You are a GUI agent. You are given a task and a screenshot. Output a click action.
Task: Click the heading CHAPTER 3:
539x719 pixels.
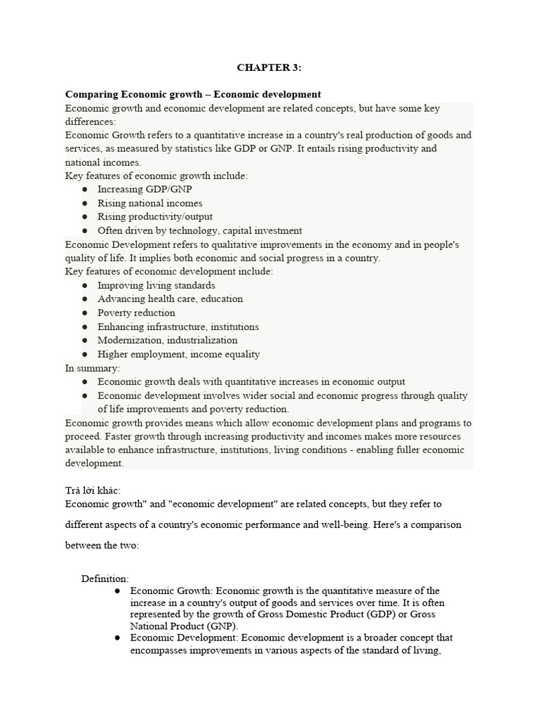tap(269, 67)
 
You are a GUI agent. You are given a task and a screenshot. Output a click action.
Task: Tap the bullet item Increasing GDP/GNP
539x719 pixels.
tap(145, 190)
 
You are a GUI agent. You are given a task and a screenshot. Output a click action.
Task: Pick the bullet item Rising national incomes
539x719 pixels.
tap(149, 203)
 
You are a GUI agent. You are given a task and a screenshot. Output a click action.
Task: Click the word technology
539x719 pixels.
tap(189, 230)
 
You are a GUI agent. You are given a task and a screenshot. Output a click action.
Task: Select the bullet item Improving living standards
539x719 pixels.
tap(156, 286)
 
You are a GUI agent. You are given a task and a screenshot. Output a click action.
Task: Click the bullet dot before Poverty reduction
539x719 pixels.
tap(85, 313)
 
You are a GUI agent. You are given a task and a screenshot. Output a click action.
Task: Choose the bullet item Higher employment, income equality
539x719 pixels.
tap(178, 355)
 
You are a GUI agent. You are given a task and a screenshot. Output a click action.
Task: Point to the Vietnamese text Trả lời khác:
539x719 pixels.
tap(98, 491)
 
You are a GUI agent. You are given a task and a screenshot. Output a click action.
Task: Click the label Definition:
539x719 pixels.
tap(105, 579)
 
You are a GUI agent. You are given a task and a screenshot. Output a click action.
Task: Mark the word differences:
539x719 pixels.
tap(91, 121)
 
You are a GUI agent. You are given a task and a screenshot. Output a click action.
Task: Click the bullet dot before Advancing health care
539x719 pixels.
tap(85, 299)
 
